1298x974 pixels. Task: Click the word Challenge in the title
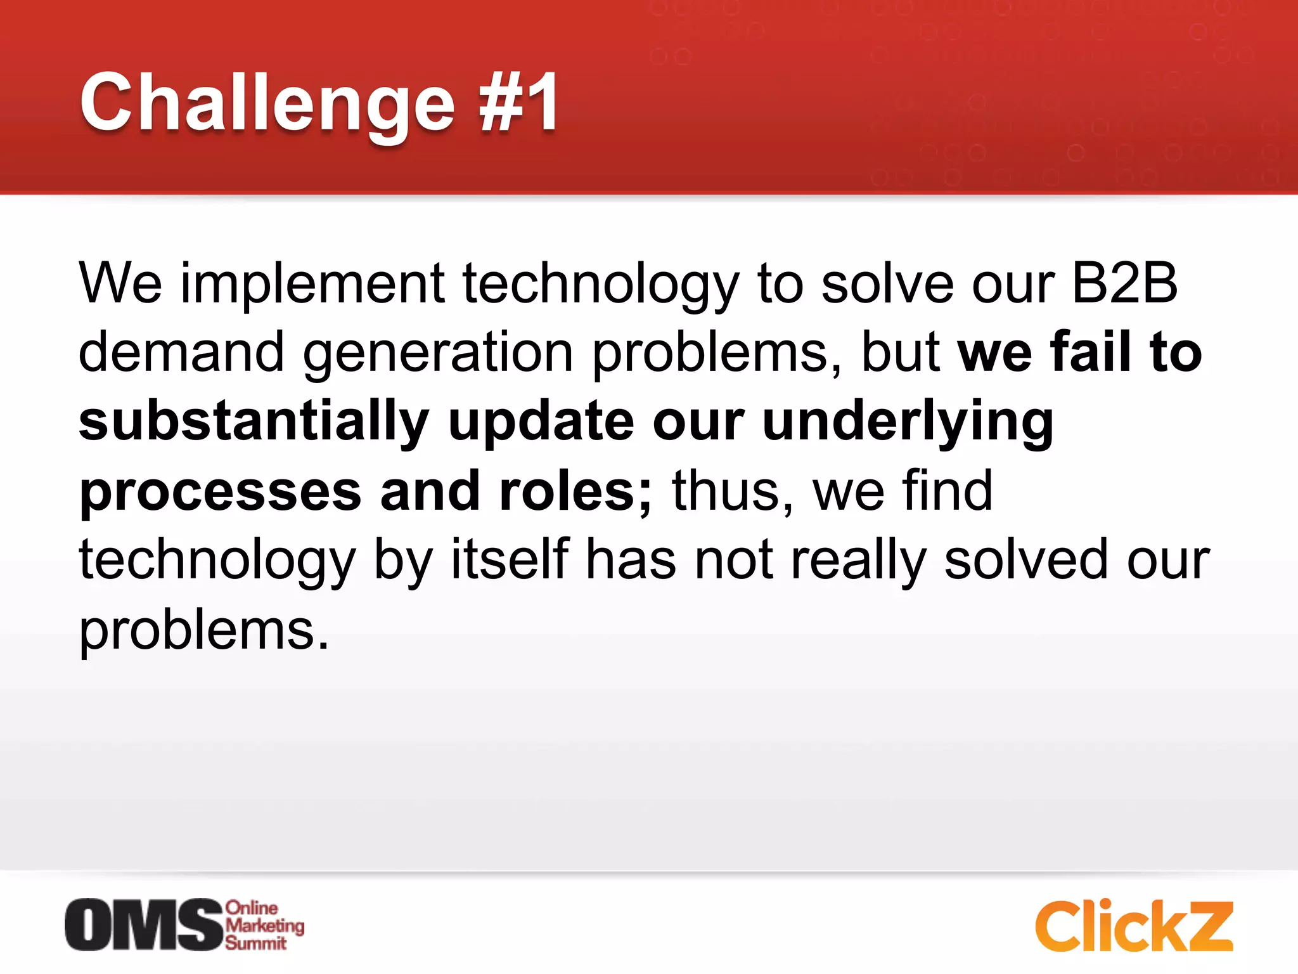pos(266,103)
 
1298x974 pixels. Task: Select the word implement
pos(313,284)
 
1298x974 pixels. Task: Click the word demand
pos(181,353)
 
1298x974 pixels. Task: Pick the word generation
pos(438,354)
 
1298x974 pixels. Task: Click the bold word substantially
pos(254,422)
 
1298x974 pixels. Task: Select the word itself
pos(510,559)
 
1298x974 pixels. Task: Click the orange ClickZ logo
pos(1134,926)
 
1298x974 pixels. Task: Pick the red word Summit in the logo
pos(256,944)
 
